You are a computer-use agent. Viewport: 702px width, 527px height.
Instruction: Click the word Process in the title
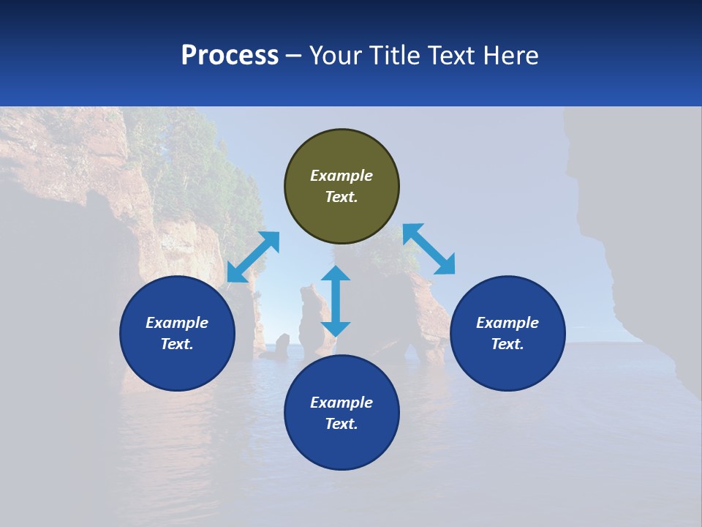pyautogui.click(x=230, y=56)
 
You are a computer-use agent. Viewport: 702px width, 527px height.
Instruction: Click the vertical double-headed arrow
pyautogui.click(x=336, y=301)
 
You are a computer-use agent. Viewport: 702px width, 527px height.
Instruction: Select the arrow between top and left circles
pyautogui.click(x=253, y=257)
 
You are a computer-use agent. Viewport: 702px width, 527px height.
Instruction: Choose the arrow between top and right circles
pyautogui.click(x=429, y=249)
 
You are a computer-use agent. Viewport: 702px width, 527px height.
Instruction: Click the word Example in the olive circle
pyautogui.click(x=341, y=176)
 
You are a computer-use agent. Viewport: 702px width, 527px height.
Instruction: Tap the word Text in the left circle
pyautogui.click(x=177, y=344)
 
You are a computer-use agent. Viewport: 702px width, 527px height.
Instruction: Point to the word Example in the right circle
pyautogui.click(x=507, y=323)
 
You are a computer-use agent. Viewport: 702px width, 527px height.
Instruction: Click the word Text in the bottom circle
pyautogui.click(x=341, y=424)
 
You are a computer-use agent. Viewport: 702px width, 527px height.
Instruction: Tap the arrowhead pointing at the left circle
pyautogui.click(x=236, y=273)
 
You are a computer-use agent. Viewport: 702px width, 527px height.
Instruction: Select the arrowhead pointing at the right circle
pyautogui.click(x=445, y=265)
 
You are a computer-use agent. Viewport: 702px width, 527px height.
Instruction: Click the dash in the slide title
pyautogui.click(x=294, y=56)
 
